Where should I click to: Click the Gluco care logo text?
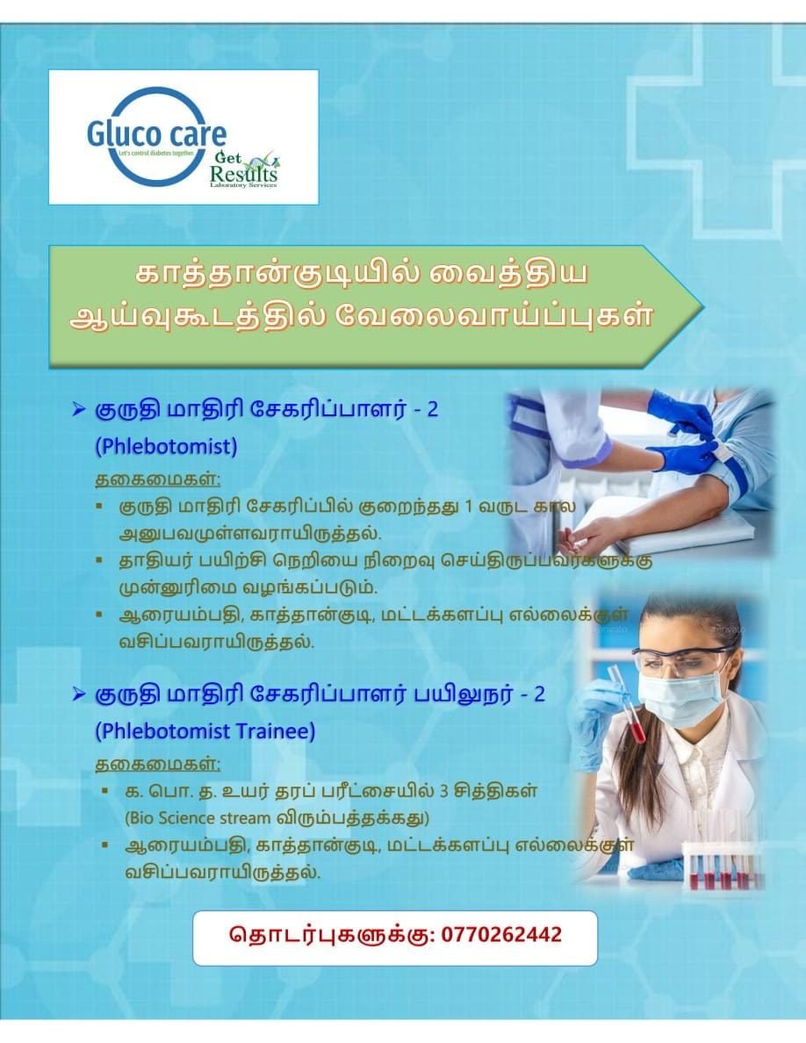tap(156, 133)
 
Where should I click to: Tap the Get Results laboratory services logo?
tap(243, 169)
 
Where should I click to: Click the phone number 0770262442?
tap(501, 934)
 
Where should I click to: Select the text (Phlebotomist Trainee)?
tap(205, 731)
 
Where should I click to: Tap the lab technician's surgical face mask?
tap(681, 697)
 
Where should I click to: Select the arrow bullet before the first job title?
tap(79, 409)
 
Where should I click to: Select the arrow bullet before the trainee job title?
tap(79, 694)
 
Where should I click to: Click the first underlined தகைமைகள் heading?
tap(158, 479)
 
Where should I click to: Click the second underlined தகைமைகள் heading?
tap(158, 764)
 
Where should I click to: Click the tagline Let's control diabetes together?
tap(155, 154)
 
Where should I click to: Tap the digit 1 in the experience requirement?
tap(467, 507)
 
